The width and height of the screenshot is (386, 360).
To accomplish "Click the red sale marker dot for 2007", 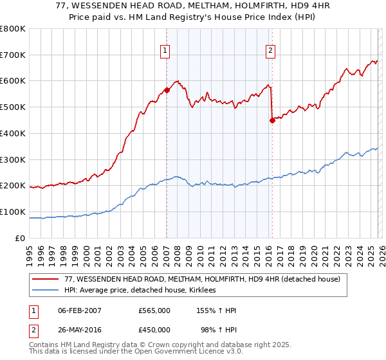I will tap(167, 91).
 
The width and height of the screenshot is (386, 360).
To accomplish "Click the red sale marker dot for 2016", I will tap(272, 120).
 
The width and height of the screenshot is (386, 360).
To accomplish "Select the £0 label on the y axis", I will tap(20, 238).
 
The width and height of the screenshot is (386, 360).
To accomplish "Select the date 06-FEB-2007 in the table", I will tap(79, 310).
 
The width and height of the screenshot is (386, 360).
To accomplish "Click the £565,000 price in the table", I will tap(154, 310).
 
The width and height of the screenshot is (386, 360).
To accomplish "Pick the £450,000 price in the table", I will tap(154, 330).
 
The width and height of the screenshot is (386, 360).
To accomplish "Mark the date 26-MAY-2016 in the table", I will tap(79, 330).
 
